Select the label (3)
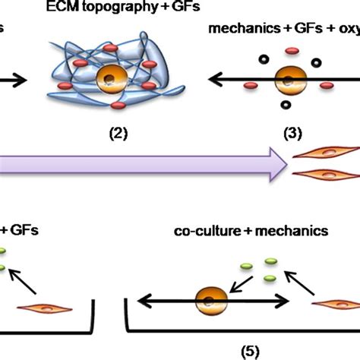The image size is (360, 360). [x=292, y=134]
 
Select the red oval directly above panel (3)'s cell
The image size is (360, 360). [x=289, y=52]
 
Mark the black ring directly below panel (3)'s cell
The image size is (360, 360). [x=286, y=106]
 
